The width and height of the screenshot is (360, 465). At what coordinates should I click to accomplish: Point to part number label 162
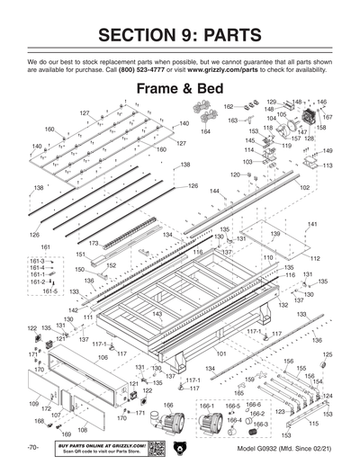pyautogui.click(x=228, y=106)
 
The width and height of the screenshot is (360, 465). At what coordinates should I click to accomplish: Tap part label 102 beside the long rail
pyautogui.click(x=304, y=187)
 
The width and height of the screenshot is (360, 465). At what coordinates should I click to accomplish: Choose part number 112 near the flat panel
pyautogui.click(x=315, y=258)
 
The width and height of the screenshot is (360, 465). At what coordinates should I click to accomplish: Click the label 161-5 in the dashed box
pyautogui.click(x=37, y=291)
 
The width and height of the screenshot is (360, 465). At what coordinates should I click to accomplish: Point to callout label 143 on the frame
pyautogui.click(x=157, y=313)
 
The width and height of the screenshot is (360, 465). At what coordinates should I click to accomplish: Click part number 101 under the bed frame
pyautogui.click(x=221, y=356)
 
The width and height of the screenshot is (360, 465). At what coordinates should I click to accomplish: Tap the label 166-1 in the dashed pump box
pyautogui.click(x=206, y=407)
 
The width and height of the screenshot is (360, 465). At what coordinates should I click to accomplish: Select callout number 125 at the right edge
pyautogui.click(x=327, y=354)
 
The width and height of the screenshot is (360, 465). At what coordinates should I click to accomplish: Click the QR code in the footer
pyautogui.click(x=155, y=448)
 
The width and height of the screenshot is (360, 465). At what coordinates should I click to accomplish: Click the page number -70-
pyautogui.click(x=31, y=447)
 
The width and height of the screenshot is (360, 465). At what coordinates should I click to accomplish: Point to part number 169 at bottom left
pyautogui.click(x=65, y=434)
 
